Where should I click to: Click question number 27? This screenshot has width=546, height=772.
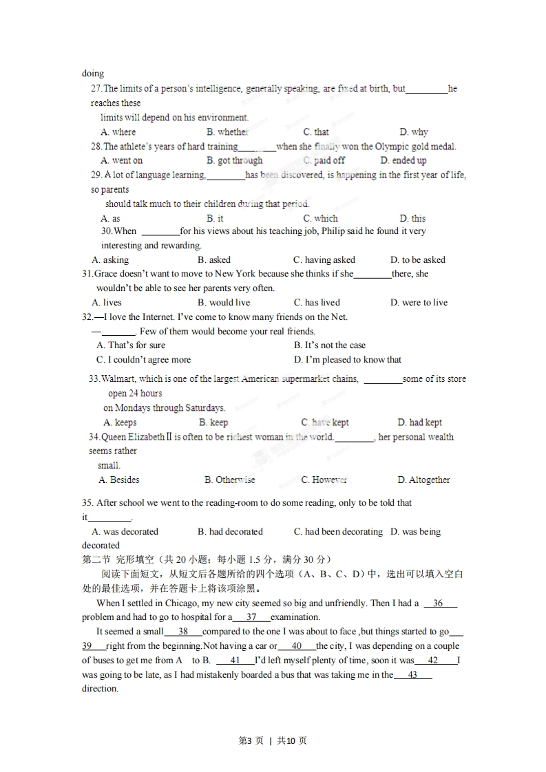pos(96,89)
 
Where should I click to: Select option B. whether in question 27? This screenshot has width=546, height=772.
pos(227,132)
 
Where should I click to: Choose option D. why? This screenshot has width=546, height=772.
pos(413,132)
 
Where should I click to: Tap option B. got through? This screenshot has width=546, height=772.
pos(234,160)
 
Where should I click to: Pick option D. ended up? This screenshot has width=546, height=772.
pos(403,160)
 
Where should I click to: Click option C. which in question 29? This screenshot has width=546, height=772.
pos(320,218)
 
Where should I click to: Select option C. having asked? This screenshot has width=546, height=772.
pos(324,260)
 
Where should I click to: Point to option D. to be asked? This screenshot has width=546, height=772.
pos(417,260)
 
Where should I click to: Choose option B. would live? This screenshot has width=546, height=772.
pos(223,303)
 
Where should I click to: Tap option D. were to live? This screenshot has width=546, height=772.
pos(418,303)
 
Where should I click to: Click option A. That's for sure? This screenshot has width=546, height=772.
pos(131,345)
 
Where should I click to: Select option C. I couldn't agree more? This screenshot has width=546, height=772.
pos(143,360)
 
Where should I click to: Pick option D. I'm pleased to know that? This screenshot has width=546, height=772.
pos(347,360)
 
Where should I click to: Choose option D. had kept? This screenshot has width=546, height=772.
pos(419,422)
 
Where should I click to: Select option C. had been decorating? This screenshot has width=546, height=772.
pos(337,532)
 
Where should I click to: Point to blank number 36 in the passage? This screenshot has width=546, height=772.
pos(439,603)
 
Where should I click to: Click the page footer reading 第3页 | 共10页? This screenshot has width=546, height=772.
pos(273,740)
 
